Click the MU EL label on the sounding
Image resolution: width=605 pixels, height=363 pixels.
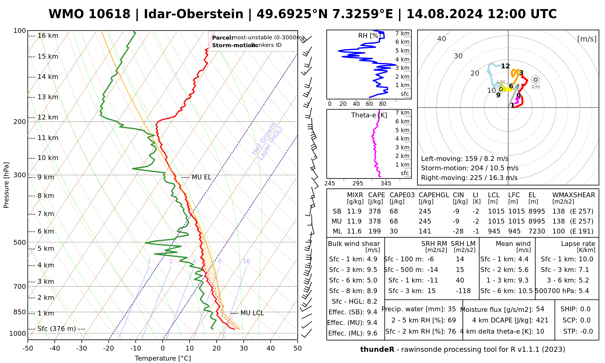[201, 177]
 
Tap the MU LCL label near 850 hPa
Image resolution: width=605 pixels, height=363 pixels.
[252, 313]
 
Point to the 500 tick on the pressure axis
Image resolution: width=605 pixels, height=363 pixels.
[20, 242]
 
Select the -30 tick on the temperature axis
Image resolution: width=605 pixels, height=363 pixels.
[82, 348]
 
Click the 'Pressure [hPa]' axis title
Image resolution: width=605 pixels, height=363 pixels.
[6, 185]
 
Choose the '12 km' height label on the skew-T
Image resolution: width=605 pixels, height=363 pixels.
[47, 117]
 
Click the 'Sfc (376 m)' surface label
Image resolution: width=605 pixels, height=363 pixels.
[57, 329]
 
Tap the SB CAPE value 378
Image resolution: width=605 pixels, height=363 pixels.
[374, 211]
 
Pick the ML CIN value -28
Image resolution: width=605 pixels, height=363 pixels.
[458, 231]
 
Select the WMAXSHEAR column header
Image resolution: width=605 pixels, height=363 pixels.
[574, 195]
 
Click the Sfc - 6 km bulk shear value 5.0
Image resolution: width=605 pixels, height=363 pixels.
[372, 280]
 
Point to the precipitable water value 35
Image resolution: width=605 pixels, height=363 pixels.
[452, 309]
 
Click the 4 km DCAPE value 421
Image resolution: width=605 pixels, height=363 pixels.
[542, 320]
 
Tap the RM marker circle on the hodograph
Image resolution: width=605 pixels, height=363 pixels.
[536, 80]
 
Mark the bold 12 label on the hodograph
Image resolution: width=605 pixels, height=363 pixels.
[505, 66]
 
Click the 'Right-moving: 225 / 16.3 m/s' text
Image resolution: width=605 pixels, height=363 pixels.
[469, 178]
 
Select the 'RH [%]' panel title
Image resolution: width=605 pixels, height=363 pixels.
[369, 36]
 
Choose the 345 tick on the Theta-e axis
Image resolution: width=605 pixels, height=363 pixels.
[386, 184]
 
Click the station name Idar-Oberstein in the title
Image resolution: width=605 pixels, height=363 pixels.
[194, 14]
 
